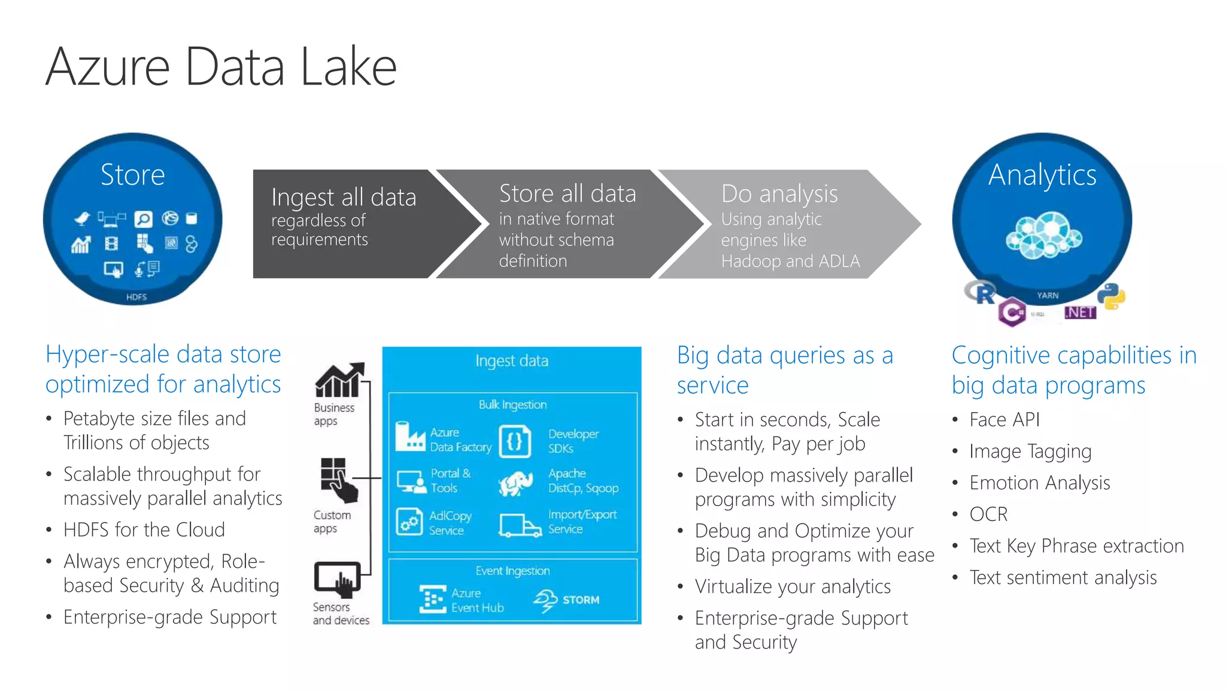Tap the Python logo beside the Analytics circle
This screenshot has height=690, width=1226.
coord(1111,296)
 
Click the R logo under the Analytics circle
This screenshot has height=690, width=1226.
coord(981,292)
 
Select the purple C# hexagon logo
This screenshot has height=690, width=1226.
coord(1012,312)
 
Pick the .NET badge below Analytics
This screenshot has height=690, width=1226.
coord(1080,313)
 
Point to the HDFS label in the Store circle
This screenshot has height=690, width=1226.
coord(136,297)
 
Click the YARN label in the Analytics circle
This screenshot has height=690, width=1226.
coord(1048,295)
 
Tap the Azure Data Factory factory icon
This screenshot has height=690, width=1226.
coord(410,437)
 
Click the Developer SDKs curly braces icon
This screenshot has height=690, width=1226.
coord(515,441)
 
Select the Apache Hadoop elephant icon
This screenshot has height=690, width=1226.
coord(516,483)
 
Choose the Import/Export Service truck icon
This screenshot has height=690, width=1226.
coord(520,525)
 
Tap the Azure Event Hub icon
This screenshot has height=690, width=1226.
coord(432,599)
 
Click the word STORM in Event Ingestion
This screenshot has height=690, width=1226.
coord(581,600)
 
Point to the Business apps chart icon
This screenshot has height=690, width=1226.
coord(339,380)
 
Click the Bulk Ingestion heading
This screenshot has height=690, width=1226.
coord(512,405)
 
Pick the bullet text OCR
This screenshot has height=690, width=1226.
coord(988,515)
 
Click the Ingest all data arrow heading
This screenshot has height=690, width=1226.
coord(343,197)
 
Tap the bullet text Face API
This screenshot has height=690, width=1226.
coord(1005,420)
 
